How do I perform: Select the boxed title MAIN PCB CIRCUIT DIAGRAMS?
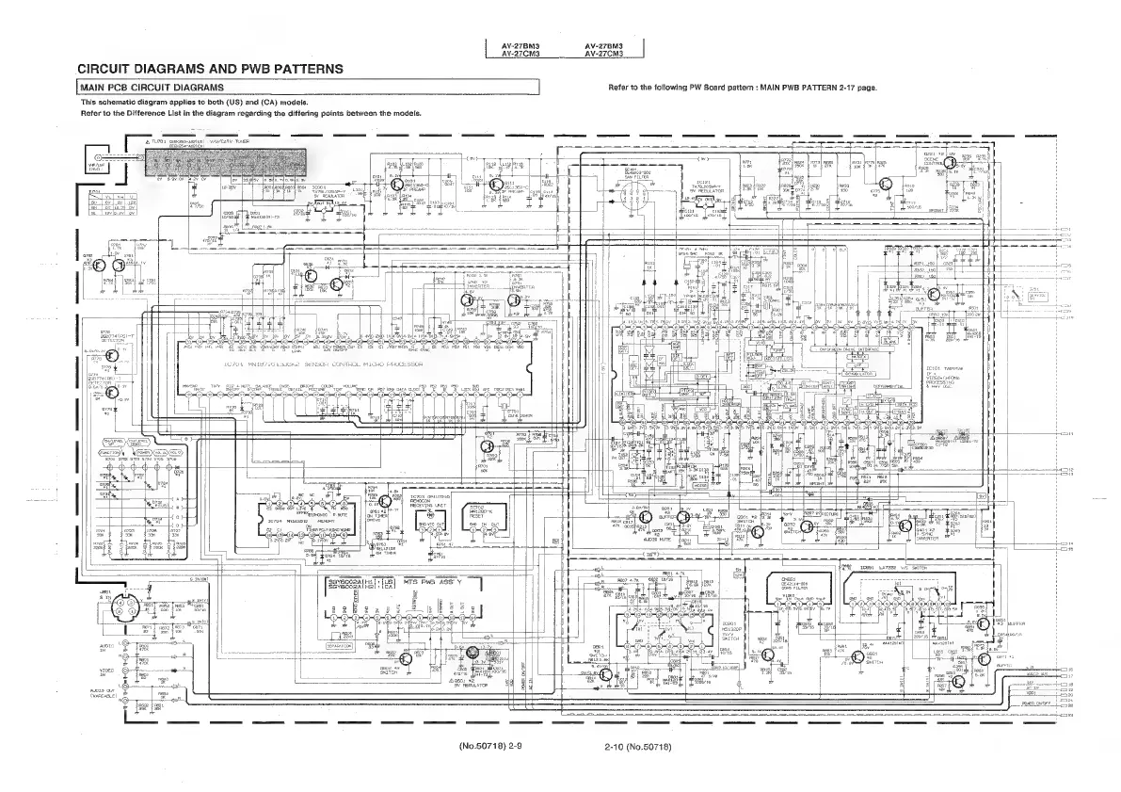click(146, 88)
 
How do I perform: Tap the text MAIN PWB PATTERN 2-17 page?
click(813, 88)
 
